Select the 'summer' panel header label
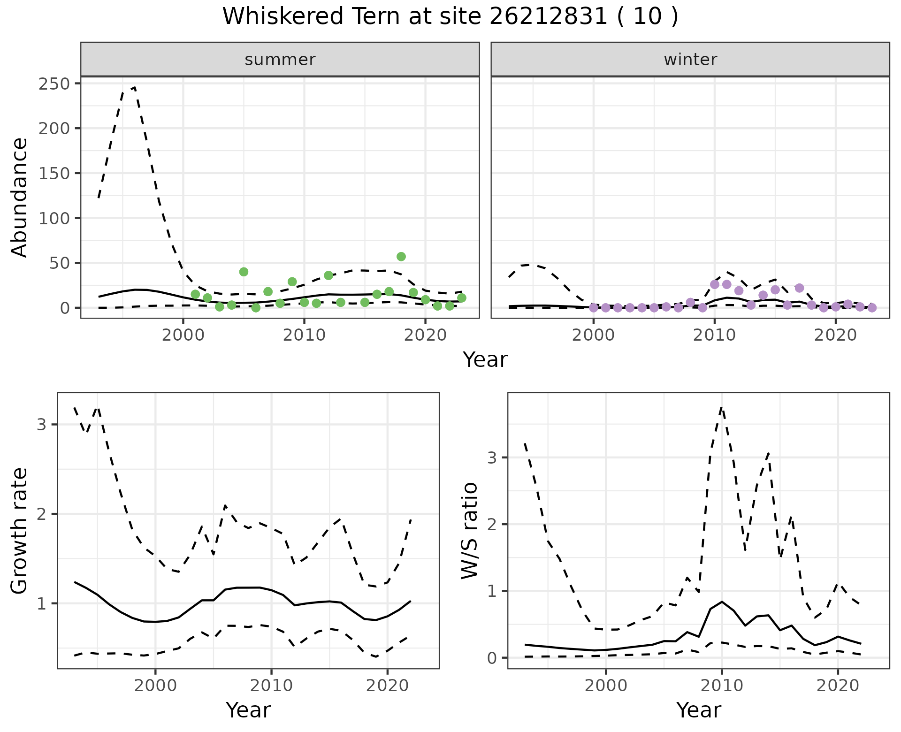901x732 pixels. coord(280,60)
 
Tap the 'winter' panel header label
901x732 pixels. coord(690,60)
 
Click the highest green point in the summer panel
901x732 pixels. coord(401,257)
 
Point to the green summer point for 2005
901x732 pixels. coord(244,272)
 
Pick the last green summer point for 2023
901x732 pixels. coord(461,298)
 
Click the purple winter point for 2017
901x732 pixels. coord(800,288)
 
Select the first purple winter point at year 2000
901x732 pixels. coord(594,308)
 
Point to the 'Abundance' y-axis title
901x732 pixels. coord(20,197)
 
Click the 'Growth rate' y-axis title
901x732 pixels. coord(20,531)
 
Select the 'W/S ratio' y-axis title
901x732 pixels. coord(470,531)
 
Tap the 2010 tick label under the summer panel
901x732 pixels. coord(304,336)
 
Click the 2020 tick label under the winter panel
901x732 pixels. coord(835,336)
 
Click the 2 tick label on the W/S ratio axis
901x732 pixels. coord(492,524)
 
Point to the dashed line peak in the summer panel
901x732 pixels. coord(135,87)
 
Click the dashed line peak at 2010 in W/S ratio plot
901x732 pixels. coord(722,407)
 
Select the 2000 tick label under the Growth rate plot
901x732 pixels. coord(155,686)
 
